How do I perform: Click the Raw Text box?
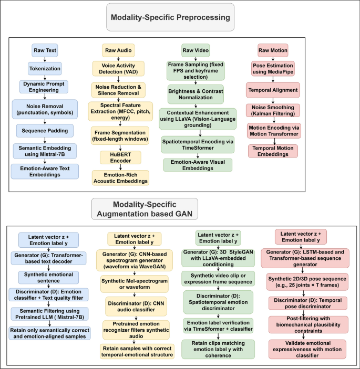45,51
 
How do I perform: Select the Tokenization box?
45,68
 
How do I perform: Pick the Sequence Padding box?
45,130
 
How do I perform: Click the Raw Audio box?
118,50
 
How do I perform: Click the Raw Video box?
196,51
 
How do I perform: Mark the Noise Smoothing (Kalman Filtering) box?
273,110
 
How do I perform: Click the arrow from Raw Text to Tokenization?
45,59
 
